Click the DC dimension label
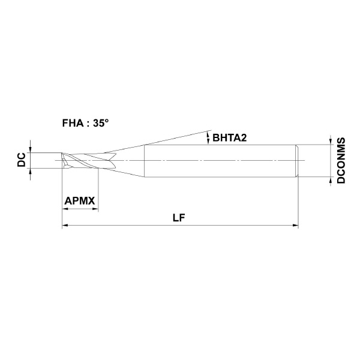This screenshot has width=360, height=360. coord(22,160)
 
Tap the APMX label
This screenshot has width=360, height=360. coord(80,201)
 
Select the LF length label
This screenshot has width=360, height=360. coord(179,218)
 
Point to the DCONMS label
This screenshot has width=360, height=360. coord(341,160)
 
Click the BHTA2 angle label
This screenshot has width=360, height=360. coord(230,138)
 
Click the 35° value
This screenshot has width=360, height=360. coord(101,123)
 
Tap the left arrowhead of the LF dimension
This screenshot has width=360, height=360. coord(65,226)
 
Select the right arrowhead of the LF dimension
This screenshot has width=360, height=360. coord(295,226)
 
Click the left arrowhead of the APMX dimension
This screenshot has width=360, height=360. coord(65,209)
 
